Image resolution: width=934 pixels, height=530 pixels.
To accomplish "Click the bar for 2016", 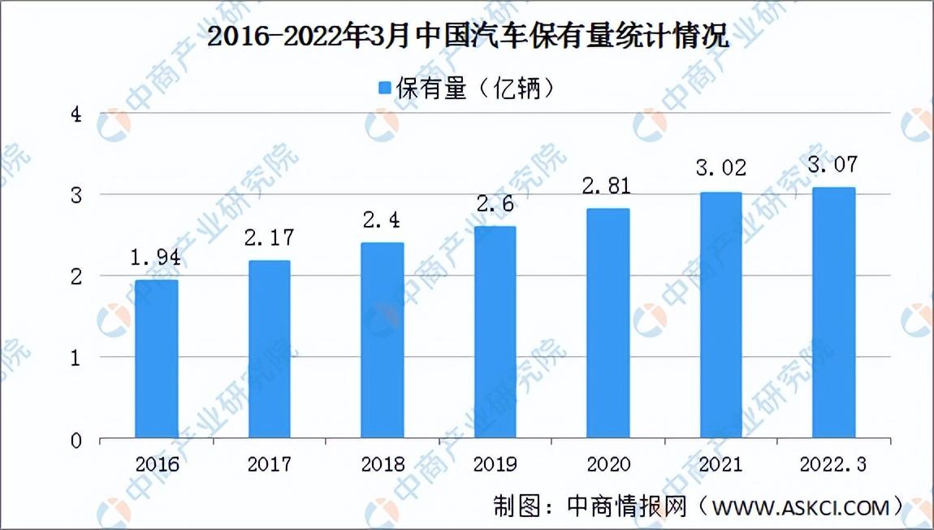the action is pos(156,359).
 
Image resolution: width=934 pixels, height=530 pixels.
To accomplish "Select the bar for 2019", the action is pos(495,332).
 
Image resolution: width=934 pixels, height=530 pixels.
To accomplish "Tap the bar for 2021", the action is pos(720,315).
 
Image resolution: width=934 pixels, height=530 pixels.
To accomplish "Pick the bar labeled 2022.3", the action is pos(833,313).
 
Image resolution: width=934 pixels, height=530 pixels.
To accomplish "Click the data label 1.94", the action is pos(155,258).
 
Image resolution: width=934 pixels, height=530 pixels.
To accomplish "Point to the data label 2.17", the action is pos(270,238).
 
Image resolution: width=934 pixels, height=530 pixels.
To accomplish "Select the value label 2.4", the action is pos(381,220).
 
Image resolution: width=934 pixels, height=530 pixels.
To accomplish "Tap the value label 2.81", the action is pos(607,186).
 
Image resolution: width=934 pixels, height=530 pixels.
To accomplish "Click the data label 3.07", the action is pos(832,164).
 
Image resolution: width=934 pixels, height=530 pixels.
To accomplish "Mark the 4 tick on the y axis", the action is pos(76,114).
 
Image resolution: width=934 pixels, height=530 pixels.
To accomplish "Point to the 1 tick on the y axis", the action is pos(76,358).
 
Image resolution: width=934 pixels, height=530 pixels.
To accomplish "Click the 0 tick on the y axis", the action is pos(76,441).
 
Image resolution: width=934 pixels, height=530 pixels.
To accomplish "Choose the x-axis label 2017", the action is pos(270,464).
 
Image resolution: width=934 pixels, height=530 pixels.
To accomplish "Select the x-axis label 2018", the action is pos(383,464).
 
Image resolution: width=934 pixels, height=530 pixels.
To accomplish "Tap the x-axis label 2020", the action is pos(608,464).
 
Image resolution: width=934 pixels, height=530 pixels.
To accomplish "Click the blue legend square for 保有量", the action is pos(385,89).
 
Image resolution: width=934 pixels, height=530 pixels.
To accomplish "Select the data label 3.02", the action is pos(720,168).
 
